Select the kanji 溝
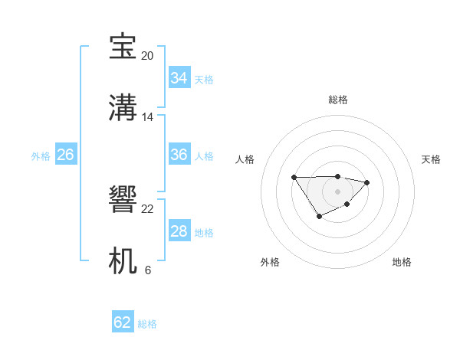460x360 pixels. [x=123, y=108]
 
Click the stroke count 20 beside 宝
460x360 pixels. [x=147, y=56]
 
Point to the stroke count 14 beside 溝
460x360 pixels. [x=148, y=117]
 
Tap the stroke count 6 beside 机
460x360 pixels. [x=148, y=270]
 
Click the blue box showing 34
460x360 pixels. [x=179, y=78]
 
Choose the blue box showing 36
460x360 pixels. [x=179, y=155]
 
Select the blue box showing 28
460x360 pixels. [x=179, y=231]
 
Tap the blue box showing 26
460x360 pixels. [x=65, y=155]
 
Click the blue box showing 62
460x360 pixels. [x=123, y=322]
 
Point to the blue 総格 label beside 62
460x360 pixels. [x=147, y=324]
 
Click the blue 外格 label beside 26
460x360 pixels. [x=41, y=156]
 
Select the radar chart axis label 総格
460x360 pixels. [x=337, y=100]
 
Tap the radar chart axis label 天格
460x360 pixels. [x=431, y=159]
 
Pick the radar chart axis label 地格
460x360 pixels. [x=402, y=262]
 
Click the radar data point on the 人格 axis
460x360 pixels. [x=294, y=177]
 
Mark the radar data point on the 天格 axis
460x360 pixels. [x=367, y=182]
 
